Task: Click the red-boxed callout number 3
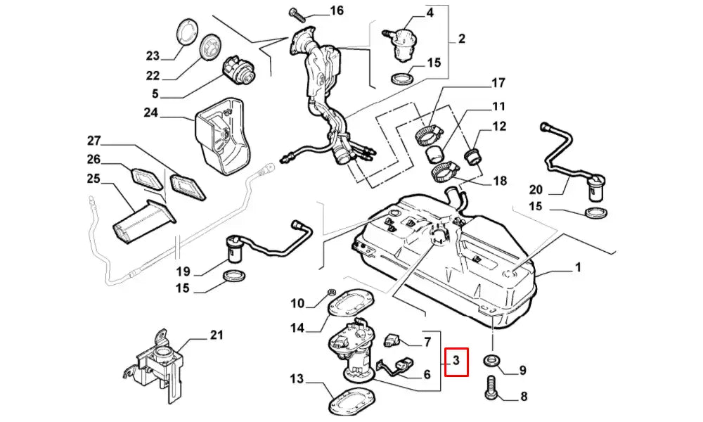(x=455, y=362)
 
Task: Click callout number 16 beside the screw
(x=336, y=11)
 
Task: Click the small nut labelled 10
(x=332, y=292)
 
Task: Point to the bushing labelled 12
(x=473, y=153)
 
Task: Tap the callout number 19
(x=183, y=271)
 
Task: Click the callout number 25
(x=93, y=179)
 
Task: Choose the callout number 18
(x=499, y=181)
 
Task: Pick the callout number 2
(x=461, y=39)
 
